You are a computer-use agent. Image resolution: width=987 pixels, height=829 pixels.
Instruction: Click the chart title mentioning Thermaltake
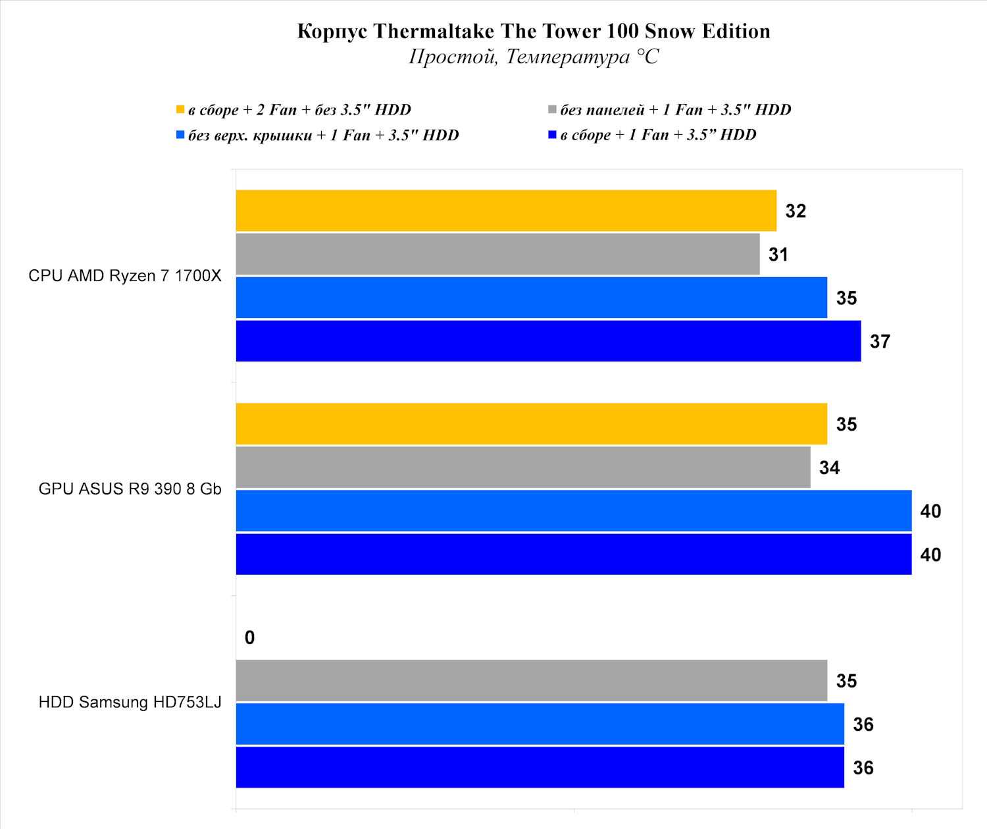(534, 31)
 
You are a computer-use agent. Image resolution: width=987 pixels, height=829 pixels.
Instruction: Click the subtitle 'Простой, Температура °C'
(534, 57)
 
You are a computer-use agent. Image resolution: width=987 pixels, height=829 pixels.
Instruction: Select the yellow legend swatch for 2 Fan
(180, 109)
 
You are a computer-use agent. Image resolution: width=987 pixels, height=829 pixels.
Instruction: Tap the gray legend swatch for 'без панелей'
(553, 109)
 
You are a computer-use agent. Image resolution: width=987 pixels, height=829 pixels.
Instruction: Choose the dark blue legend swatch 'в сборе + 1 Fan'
(553, 135)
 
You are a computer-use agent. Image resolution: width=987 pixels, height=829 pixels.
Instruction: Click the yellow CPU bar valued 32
(506, 211)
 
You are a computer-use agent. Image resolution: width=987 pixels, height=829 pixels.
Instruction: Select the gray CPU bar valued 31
(497, 254)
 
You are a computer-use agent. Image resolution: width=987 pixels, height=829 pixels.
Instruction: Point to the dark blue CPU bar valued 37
(548, 341)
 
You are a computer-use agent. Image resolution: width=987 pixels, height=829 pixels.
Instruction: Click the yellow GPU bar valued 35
(531, 424)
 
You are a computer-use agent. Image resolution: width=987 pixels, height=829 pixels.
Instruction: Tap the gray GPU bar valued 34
(523, 468)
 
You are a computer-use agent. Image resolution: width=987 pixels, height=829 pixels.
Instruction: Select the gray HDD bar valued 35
(531, 681)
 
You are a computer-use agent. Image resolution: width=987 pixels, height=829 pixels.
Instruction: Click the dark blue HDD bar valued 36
(540, 768)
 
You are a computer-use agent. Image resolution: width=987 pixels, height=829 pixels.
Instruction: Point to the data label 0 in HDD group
(249, 637)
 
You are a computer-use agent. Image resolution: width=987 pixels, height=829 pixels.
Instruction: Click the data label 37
(880, 341)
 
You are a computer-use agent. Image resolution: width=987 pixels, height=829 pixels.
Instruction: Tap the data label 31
(778, 254)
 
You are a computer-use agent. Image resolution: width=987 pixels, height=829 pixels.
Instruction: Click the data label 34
(829, 468)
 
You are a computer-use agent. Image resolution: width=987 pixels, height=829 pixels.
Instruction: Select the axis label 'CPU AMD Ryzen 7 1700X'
(125, 275)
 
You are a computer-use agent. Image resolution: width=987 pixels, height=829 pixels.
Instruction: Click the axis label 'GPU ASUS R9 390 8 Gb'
(130, 489)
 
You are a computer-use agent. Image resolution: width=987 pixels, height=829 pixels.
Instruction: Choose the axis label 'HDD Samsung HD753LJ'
(130, 702)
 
